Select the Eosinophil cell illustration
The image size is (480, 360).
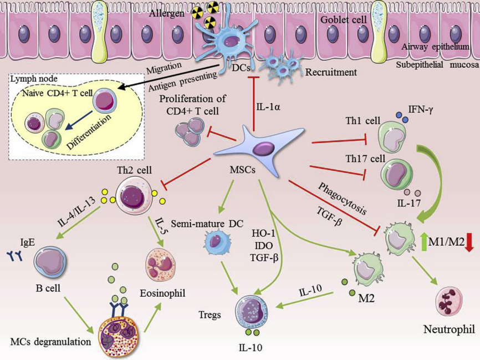pos(162,265)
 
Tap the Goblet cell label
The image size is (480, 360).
pos(344,19)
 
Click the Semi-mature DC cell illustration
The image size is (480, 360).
pos(216,243)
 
